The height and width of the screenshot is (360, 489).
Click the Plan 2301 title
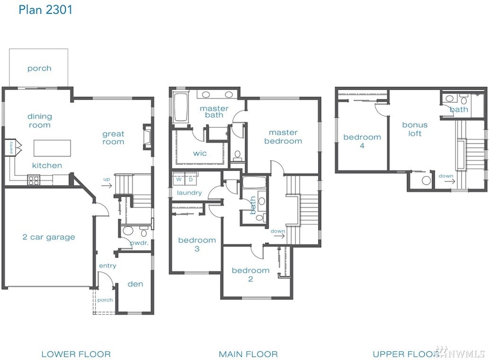click(x=45, y=10)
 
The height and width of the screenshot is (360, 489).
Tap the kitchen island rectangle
click(x=52, y=148)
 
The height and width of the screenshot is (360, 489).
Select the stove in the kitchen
click(x=34, y=181)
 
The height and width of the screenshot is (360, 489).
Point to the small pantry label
click(x=11, y=147)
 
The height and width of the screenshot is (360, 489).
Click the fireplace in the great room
click(x=148, y=136)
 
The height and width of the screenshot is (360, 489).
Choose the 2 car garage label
click(x=49, y=237)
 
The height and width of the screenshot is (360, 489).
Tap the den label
click(x=135, y=284)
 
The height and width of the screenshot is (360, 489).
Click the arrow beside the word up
click(x=106, y=185)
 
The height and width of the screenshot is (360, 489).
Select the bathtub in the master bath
click(x=181, y=107)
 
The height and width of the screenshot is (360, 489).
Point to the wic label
click(x=200, y=153)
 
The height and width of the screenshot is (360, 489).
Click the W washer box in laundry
click(x=179, y=179)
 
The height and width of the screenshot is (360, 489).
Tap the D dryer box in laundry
click(x=190, y=179)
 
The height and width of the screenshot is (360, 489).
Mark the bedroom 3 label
click(x=197, y=244)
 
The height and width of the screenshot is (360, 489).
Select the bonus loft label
click(x=415, y=129)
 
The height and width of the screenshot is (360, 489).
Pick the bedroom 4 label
click(x=362, y=141)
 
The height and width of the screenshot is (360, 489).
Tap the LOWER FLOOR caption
click(x=76, y=354)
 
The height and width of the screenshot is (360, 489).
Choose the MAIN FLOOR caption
click(x=248, y=354)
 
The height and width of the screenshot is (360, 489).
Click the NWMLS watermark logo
click(x=461, y=352)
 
